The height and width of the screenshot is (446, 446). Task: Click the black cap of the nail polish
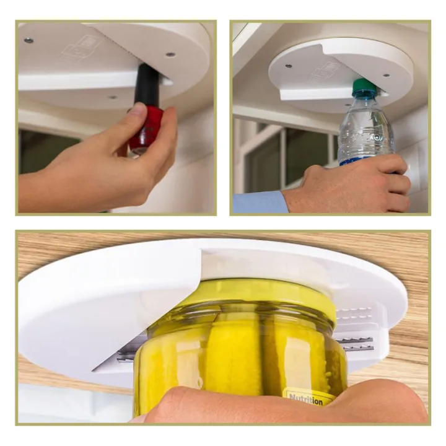pyautogui.click(x=147, y=84)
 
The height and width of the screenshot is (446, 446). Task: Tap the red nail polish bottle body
pyautogui.click(x=146, y=128)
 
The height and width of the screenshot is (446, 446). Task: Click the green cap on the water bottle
pyautogui.click(x=364, y=88)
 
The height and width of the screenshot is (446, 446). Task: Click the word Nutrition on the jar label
pyautogui.click(x=306, y=400)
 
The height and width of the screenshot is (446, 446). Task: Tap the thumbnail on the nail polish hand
pyautogui.click(x=136, y=111)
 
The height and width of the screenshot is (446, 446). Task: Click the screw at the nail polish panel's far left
pyautogui.click(x=28, y=40)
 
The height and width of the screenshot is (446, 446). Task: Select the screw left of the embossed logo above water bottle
pyautogui.click(x=289, y=65)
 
